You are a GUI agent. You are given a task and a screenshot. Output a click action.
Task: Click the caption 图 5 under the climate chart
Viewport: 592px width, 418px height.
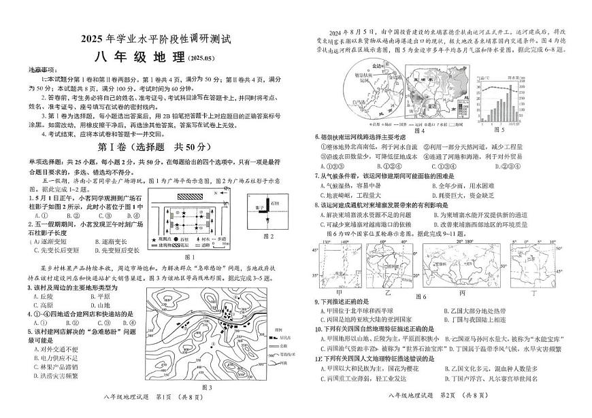tap(518, 128)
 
